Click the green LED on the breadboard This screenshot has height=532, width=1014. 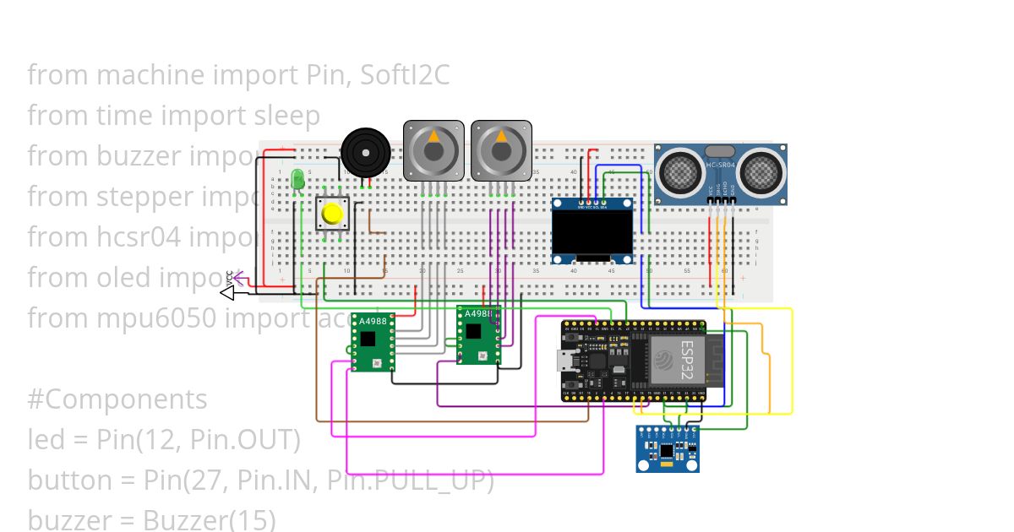click(x=297, y=180)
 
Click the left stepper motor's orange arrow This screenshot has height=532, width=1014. click(x=433, y=135)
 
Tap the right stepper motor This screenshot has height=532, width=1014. click(x=501, y=150)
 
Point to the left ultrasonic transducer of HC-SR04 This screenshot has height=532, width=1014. click(x=680, y=173)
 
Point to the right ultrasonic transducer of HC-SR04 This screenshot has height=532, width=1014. click(x=759, y=173)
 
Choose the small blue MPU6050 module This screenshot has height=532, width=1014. click(x=668, y=448)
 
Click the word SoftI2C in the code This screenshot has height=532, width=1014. click(x=405, y=75)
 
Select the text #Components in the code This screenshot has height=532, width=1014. click(x=117, y=399)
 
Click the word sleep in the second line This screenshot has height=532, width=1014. click(x=287, y=116)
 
